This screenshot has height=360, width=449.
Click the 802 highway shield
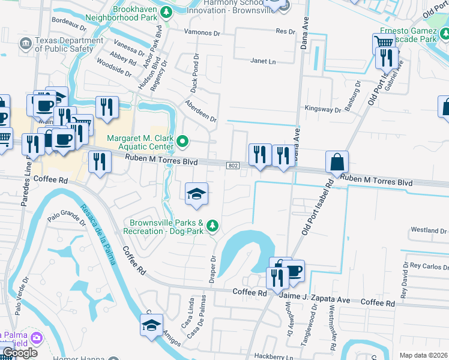coord(233,165)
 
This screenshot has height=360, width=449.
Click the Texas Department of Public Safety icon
coord(26,43)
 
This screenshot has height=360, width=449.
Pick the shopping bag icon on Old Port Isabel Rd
coord(337,161)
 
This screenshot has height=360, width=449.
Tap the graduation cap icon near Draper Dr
coord(196,193)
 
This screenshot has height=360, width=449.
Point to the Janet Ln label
coord(263,61)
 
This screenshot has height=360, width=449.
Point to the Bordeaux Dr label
coord(69,23)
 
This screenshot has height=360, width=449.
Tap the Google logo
coord(20,353)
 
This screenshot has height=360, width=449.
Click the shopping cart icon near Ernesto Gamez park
coord(383,43)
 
